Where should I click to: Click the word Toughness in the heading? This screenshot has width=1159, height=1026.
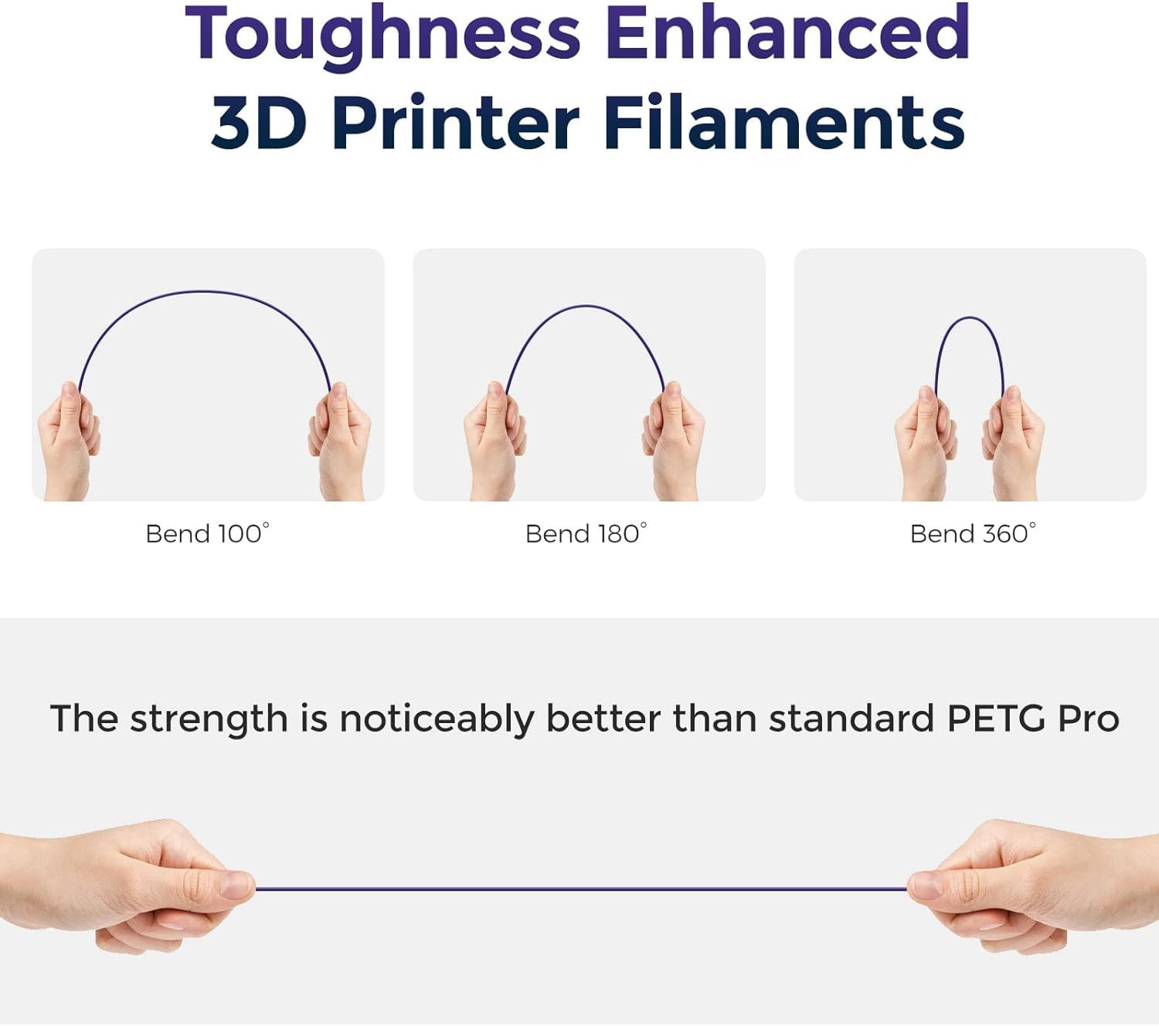(382, 35)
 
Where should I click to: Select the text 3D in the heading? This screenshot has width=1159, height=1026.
(258, 124)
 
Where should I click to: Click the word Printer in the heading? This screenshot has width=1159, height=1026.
(455, 124)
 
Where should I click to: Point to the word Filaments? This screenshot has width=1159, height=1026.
(783, 124)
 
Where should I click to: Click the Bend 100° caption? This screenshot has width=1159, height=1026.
(207, 534)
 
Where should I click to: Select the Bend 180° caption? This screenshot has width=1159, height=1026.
(586, 534)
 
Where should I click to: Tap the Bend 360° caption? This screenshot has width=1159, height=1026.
(972, 534)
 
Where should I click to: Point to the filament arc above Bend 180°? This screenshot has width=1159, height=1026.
(586, 307)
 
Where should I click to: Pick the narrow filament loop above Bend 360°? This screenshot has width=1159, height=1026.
(969, 318)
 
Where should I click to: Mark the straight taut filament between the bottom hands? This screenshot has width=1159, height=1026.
(579, 889)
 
